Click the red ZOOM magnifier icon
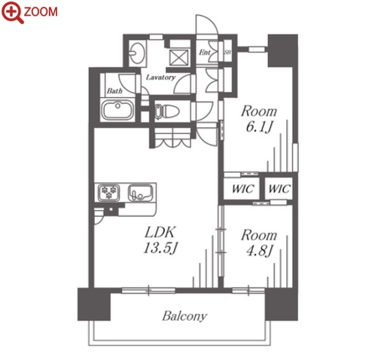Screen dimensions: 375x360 click(12, 11)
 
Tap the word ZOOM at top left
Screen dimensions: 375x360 click(41, 11)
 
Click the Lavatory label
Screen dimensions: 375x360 click(160, 78)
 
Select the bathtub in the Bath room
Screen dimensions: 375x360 click(117, 110)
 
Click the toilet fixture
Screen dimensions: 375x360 click(166, 111)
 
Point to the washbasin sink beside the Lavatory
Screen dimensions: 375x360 click(137, 53)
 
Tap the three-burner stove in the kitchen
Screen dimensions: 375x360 click(108, 193)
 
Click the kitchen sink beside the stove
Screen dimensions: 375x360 click(140, 193)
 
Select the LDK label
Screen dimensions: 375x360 click(160, 232)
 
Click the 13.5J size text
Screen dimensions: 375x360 click(160, 249)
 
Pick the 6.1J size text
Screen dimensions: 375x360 click(259, 127)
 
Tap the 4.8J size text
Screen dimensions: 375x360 click(259, 251)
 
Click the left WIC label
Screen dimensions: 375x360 click(242, 189)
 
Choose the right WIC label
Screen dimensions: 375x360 click(279, 189)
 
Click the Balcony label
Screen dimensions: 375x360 click(184, 316)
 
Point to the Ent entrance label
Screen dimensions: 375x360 click(205, 53)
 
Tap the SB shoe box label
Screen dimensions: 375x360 click(227, 53)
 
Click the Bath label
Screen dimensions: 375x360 click(114, 90)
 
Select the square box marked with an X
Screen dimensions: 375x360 click(178, 58)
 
